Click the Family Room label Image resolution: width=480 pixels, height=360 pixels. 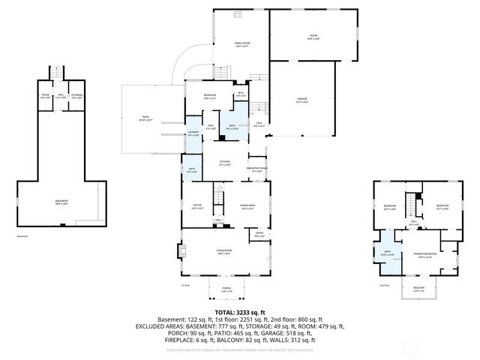(x=241, y=44)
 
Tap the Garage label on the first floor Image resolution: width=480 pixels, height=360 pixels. (x=302, y=99)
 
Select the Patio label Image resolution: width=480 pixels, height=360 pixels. (x=146, y=117)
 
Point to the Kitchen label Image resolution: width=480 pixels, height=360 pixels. (x=224, y=162)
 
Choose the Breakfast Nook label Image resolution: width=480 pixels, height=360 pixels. (x=257, y=169)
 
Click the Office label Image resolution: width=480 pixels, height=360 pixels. (x=198, y=206)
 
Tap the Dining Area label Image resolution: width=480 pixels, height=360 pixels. (x=248, y=206)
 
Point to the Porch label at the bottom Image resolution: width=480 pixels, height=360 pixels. (x=226, y=289)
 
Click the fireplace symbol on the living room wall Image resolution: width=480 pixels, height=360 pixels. (x=180, y=251)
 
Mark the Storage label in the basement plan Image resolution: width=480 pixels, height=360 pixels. (x=77, y=95)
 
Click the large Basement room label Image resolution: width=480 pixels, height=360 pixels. (x=61, y=201)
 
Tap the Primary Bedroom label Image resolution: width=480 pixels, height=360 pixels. (x=424, y=254)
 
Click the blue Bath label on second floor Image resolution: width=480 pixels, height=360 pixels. (x=388, y=253)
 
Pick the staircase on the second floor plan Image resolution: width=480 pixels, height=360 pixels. (x=411, y=203)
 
